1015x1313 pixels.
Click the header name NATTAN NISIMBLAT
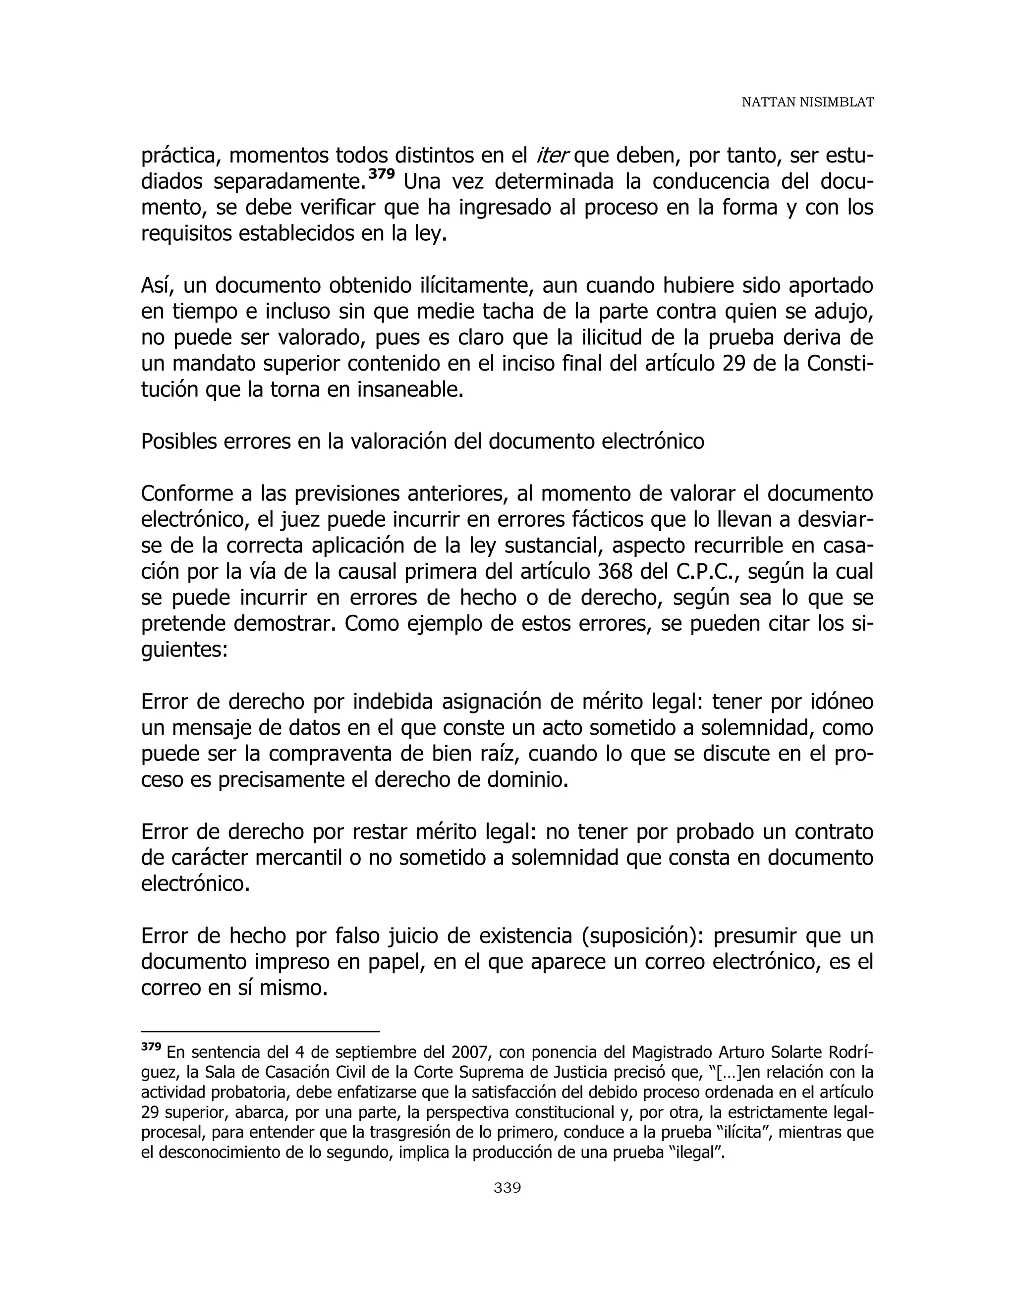click(x=807, y=102)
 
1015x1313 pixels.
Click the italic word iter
click(x=552, y=156)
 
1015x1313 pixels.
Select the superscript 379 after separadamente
click(x=382, y=175)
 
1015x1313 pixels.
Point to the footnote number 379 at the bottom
click(x=151, y=1046)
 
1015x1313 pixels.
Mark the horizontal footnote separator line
click(x=260, y=1032)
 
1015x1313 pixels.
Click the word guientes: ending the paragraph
click(x=184, y=650)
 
